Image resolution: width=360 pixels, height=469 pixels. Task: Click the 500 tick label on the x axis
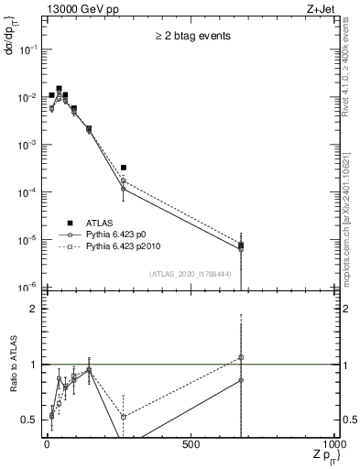pyautogui.click(x=191, y=445)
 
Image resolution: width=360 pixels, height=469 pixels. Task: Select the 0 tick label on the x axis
pyautogui.click(x=47, y=445)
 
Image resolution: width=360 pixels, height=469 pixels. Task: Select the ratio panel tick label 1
pyautogui.click(x=34, y=365)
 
